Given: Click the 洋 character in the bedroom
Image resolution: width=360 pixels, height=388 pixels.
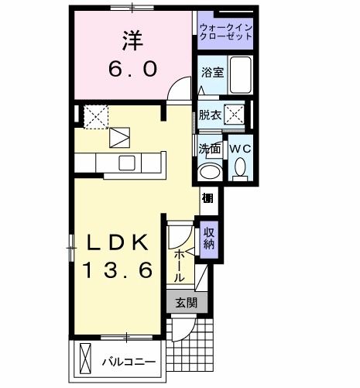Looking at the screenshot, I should pyautogui.click(x=129, y=37).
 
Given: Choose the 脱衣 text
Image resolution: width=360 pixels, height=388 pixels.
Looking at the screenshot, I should pyautogui.click(x=210, y=114).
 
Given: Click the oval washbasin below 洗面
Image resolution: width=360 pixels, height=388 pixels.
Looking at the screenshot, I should pyautogui.click(x=208, y=171).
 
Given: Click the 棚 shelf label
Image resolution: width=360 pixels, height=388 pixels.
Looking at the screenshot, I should pyautogui.click(x=208, y=198).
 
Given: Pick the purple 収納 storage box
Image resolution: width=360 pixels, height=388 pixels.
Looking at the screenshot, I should pyautogui.click(x=209, y=238).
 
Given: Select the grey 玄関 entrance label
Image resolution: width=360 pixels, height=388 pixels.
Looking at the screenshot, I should pyautogui.click(x=185, y=303).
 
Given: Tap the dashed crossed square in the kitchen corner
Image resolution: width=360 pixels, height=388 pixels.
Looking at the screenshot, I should pyautogui.click(x=97, y=115).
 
